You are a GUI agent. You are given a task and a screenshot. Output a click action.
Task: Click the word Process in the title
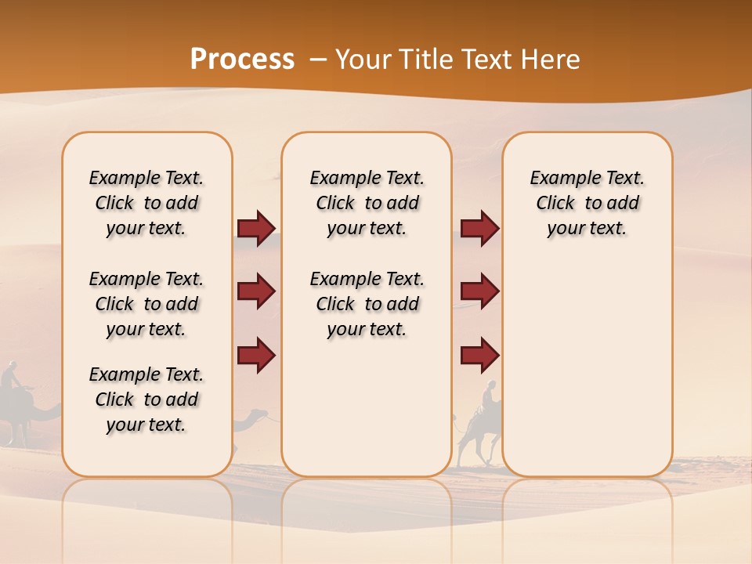tap(242, 59)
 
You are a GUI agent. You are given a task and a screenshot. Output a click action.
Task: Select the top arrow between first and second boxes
tap(256, 228)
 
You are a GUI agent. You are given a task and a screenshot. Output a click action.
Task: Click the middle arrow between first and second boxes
tap(256, 291)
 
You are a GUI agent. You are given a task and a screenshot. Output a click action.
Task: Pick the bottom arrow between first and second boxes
tap(256, 356)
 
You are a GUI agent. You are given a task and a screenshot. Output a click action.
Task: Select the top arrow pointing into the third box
tap(479, 228)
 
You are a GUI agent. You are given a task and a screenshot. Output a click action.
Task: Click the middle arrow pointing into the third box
tap(479, 291)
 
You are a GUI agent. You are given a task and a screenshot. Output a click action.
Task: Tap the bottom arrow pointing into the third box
tap(479, 356)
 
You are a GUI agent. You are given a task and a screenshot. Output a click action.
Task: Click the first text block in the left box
tap(146, 203)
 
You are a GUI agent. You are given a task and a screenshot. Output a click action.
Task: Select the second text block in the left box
tap(146, 304)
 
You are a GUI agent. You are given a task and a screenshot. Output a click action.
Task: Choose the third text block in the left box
tap(146, 399)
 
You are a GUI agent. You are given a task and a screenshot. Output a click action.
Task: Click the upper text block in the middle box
tap(367, 203)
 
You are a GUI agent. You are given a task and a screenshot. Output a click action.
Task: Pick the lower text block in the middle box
tap(367, 304)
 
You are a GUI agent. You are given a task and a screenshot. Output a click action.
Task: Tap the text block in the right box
tap(587, 203)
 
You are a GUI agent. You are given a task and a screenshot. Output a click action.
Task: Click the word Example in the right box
tap(559, 179)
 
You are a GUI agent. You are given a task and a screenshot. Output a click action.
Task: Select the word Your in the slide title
tap(363, 60)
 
